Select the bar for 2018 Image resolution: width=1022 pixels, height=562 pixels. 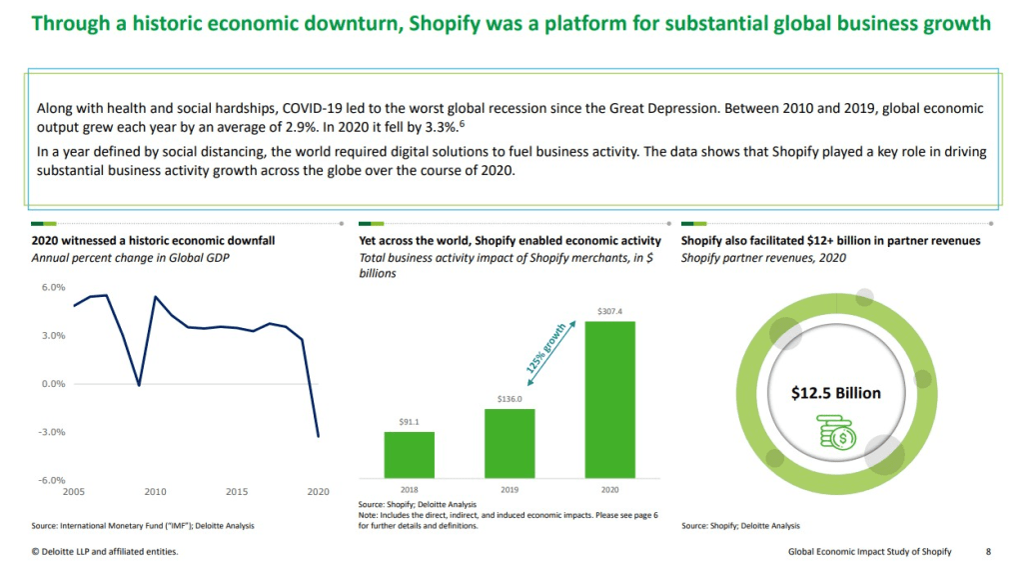pos(410,454)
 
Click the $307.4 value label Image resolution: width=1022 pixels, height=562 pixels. pos(608,312)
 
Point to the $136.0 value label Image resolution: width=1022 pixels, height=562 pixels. pos(510,399)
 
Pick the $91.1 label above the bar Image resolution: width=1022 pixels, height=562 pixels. pos(410,422)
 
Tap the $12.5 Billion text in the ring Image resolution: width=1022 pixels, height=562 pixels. pos(835,393)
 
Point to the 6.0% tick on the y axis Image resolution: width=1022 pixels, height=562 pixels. pos(51,287)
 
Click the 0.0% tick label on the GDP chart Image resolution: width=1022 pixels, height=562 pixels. pos(51,384)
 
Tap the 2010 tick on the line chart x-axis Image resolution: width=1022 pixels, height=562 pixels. pos(155,492)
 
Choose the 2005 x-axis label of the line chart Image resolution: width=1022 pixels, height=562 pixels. pos(73,492)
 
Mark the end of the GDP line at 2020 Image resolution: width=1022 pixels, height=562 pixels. pos(319,436)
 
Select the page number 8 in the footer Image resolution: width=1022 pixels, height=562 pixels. pos(988,551)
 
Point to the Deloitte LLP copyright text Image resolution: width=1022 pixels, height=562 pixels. pos(105,551)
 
